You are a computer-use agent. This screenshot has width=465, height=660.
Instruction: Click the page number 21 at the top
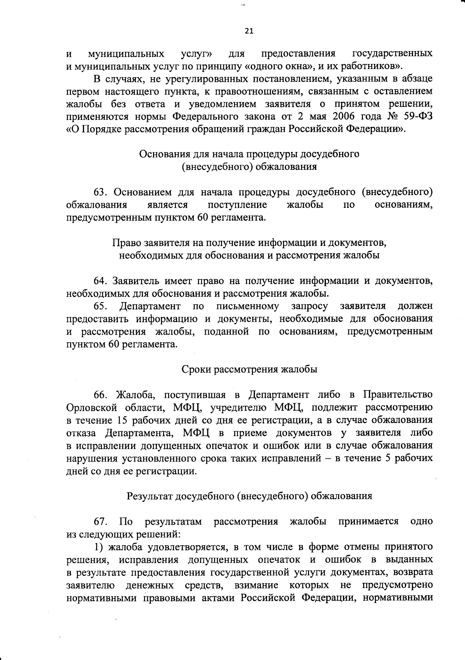click(x=249, y=31)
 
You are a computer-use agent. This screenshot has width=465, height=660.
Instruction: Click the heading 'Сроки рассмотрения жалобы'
click(x=250, y=369)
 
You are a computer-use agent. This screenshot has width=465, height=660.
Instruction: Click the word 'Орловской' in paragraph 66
click(x=91, y=407)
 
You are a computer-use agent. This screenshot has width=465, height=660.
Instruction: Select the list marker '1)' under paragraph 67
click(x=99, y=547)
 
